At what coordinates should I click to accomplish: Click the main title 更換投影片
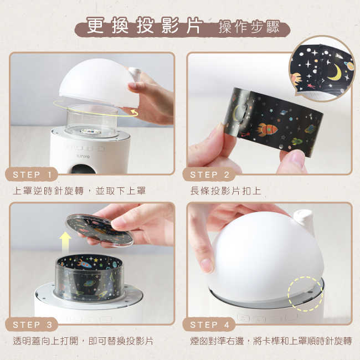click(145, 26)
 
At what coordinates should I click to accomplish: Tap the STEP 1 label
click(35, 174)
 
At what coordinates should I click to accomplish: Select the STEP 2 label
click(212, 174)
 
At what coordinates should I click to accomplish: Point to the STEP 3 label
click(35, 325)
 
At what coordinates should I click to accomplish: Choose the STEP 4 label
click(212, 325)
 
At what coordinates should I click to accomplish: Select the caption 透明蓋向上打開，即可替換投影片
click(83, 341)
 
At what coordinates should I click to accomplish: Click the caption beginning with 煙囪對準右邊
click(270, 341)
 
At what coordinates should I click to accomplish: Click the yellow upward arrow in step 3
click(66, 241)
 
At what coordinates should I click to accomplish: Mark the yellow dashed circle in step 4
click(305, 294)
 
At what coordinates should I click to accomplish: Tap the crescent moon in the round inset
click(334, 72)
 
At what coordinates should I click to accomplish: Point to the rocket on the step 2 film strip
click(267, 129)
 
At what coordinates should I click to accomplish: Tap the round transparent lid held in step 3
click(100, 229)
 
